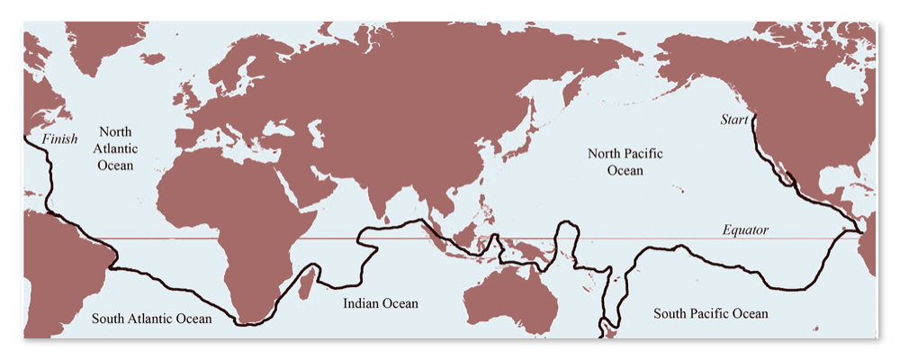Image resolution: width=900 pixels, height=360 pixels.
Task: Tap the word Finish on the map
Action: point(60,139)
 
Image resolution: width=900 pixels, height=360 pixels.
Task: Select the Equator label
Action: point(745,230)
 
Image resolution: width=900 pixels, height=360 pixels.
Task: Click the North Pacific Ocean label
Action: point(625,162)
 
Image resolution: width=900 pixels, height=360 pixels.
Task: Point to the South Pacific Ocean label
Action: point(711,313)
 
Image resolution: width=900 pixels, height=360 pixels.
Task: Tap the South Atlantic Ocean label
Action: point(151,319)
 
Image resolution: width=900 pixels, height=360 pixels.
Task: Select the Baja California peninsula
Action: point(772,166)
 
